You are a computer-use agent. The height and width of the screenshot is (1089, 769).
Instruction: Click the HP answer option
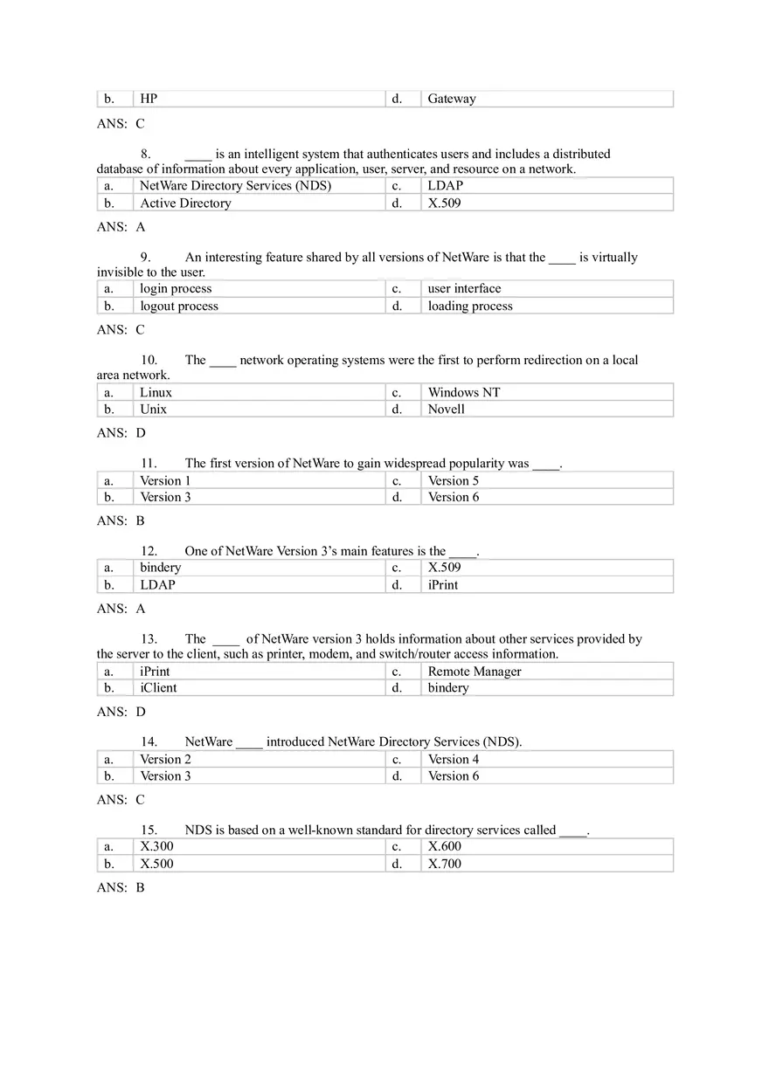pos(149,99)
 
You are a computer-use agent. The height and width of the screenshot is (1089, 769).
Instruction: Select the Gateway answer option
pos(452,99)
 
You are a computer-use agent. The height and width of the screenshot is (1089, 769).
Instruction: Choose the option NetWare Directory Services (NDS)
pos(235,185)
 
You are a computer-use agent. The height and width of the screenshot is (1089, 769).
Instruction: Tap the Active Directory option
pos(185,203)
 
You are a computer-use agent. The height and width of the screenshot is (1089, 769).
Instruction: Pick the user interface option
pos(464,288)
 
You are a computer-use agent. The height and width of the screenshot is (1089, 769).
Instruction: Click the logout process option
pos(179,306)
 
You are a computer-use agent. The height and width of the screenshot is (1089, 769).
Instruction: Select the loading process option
pos(470,306)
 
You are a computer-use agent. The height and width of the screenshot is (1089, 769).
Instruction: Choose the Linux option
pos(156,392)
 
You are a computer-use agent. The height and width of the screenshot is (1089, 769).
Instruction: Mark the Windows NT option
pos(464,392)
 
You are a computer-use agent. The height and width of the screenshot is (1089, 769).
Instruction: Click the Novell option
pos(446,409)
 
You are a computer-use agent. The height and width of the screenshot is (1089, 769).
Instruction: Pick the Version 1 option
pos(165,480)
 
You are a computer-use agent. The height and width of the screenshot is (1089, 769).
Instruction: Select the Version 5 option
pos(454,480)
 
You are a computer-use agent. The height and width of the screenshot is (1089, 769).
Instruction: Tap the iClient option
pos(158,687)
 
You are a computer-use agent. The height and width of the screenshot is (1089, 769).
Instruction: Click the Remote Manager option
pos(475,671)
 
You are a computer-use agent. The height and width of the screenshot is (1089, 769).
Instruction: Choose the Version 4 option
pos(454,759)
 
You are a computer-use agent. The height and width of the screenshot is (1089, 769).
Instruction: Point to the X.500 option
pos(156,864)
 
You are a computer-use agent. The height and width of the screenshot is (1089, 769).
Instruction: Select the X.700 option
pos(445,864)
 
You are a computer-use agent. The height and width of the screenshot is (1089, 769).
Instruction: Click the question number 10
pos(149,360)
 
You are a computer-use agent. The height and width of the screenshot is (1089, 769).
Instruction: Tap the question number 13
pos(149,638)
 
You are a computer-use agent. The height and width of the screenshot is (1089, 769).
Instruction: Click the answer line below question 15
pos(121,887)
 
